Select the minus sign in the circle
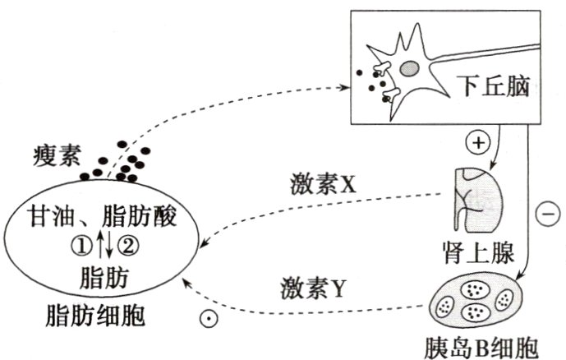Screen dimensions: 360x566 tap(545, 215)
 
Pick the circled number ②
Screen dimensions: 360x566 tap(129, 245)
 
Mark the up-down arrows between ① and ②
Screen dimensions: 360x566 tap(107, 245)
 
